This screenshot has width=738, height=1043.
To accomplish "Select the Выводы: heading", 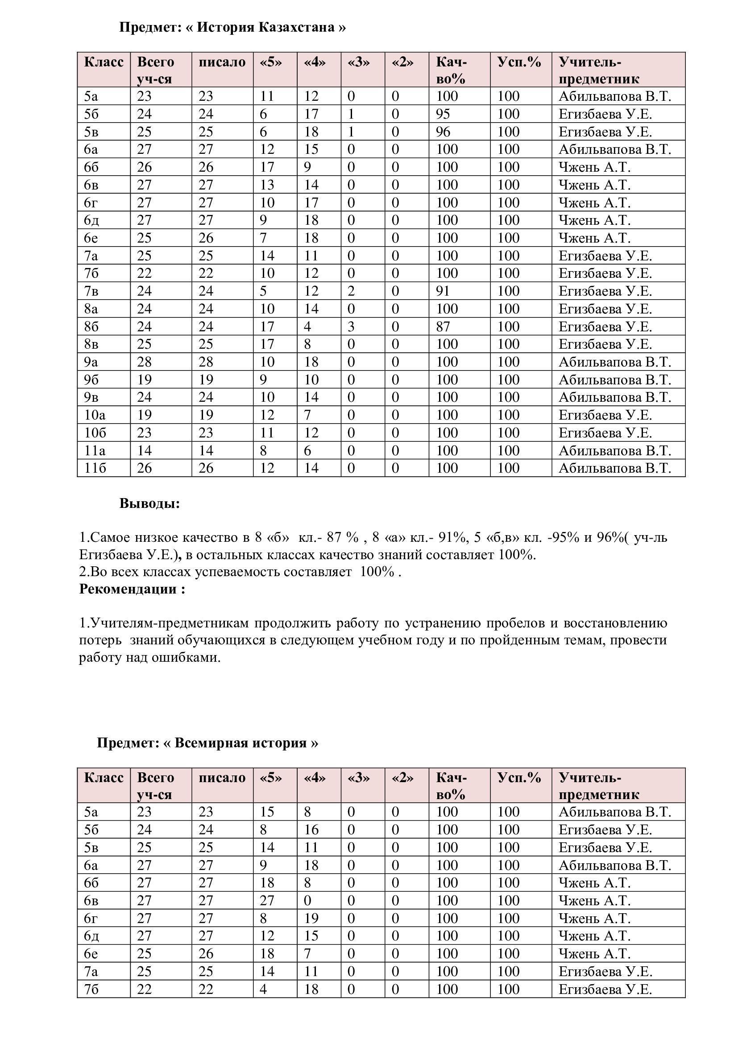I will pos(149,503).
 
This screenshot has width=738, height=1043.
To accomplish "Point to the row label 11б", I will pos(95,468).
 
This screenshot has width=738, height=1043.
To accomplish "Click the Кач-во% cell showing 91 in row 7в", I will pos(443,291).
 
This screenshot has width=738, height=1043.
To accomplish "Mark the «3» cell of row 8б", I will pos(351,326).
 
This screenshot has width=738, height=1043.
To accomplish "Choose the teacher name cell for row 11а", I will pos(614,450).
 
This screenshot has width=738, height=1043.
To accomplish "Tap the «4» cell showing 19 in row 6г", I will pos(311,918).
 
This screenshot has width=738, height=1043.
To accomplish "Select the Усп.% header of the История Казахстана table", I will pos(519,62).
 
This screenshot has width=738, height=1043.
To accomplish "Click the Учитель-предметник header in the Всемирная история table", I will pos(598,786).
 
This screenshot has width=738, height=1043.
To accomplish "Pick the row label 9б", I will pos(92,379).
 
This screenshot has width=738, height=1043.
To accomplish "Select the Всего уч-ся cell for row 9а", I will pos(144,362).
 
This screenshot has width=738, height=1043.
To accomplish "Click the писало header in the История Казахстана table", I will pos(222,62).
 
